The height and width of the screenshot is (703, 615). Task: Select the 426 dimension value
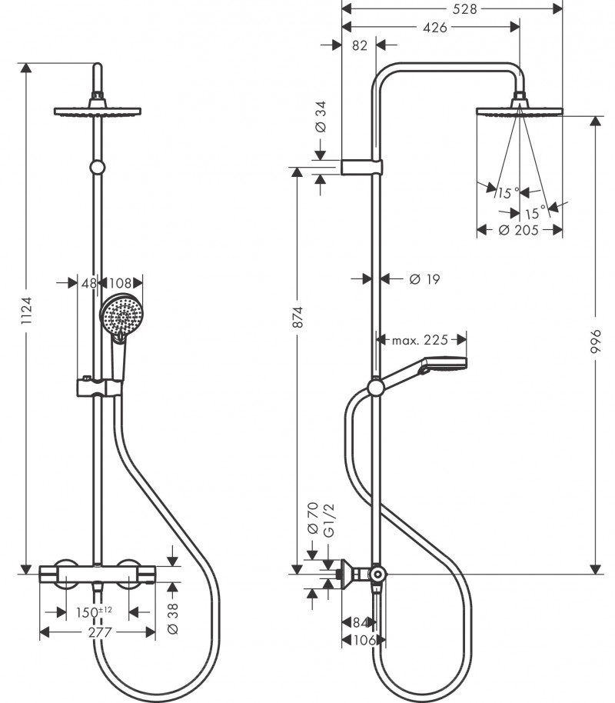coord(435,28)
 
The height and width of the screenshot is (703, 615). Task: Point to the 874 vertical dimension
coord(299,317)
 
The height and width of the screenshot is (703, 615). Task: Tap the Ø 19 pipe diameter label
coord(424,279)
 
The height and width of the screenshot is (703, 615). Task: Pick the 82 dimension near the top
coord(358,45)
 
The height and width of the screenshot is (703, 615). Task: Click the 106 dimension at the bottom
coord(364,640)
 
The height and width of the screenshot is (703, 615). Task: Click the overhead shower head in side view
coord(520,111)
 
